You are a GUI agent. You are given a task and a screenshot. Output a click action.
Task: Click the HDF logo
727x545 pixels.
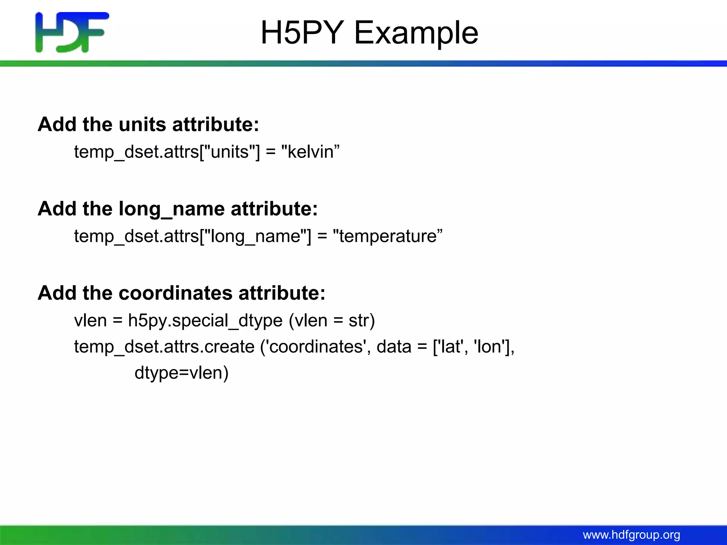(x=72, y=32)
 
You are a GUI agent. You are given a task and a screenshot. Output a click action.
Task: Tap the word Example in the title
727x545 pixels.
(x=416, y=33)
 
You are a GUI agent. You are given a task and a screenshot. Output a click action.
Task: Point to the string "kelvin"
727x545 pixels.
(x=310, y=152)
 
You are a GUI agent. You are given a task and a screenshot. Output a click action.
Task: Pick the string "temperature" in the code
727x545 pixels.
(x=388, y=236)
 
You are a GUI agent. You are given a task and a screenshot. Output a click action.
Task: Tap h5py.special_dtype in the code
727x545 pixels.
(x=205, y=321)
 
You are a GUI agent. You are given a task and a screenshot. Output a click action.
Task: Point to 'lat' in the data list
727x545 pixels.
(x=450, y=347)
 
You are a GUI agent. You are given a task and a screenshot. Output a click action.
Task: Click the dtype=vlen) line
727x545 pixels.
(x=181, y=373)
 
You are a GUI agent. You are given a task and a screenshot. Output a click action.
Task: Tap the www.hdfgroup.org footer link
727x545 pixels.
(x=631, y=535)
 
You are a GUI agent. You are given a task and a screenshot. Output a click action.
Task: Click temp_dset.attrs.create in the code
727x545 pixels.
(x=164, y=347)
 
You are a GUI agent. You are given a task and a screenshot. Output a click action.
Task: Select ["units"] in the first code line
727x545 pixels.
(x=230, y=152)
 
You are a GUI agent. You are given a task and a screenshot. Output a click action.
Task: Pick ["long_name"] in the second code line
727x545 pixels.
(x=255, y=236)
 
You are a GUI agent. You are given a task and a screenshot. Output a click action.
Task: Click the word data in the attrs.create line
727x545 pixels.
(x=394, y=347)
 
